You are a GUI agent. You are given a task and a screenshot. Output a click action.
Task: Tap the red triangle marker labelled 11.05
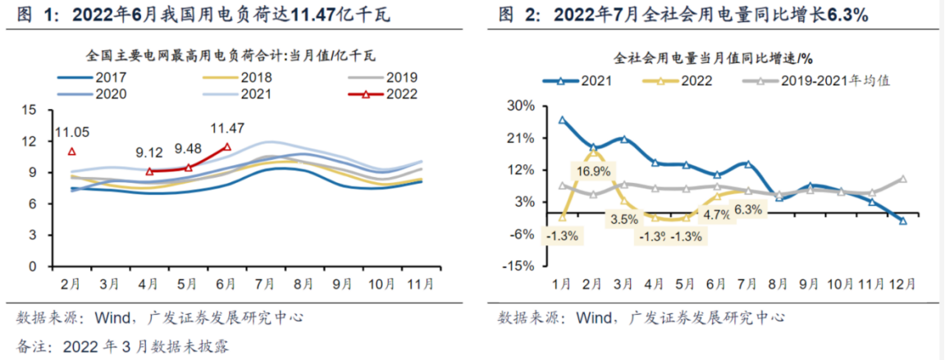pyautogui.click(x=72, y=151)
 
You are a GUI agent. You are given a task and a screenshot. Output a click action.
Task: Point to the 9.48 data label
pyautogui.click(x=189, y=149)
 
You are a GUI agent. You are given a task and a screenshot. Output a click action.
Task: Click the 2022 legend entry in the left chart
pyautogui.click(x=399, y=93)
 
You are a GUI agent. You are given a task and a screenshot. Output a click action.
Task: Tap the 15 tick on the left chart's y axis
pyautogui.click(x=30, y=110)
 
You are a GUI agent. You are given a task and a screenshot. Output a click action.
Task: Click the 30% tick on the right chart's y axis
pyautogui.click(x=522, y=107)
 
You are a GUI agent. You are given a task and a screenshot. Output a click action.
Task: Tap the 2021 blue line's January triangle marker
pyautogui.click(x=562, y=120)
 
